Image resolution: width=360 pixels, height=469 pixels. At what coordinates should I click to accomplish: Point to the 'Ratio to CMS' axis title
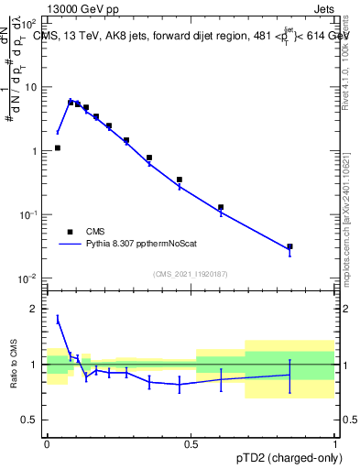point(13,365)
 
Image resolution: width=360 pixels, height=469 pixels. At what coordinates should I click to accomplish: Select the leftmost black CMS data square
point(58,147)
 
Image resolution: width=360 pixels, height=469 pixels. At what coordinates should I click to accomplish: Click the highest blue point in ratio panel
point(58,319)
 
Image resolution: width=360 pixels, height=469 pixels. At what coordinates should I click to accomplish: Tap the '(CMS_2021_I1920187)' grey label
point(191,274)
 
